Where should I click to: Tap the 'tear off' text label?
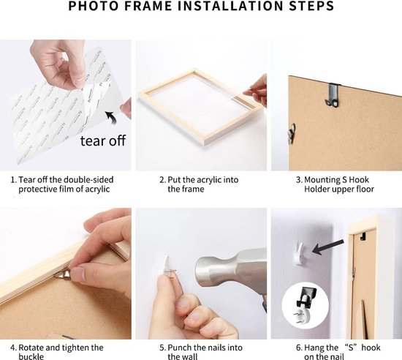click(x=103, y=140)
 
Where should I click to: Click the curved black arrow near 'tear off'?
click(x=111, y=117)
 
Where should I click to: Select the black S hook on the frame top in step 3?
click(x=333, y=94)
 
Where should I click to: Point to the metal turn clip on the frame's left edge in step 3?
click(x=291, y=132)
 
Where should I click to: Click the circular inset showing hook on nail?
click(x=306, y=305)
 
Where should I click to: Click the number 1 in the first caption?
click(x=12, y=180)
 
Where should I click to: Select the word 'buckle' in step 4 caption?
click(x=31, y=356)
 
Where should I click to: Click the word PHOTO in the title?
click(x=94, y=6)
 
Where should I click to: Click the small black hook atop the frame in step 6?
click(x=363, y=236)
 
